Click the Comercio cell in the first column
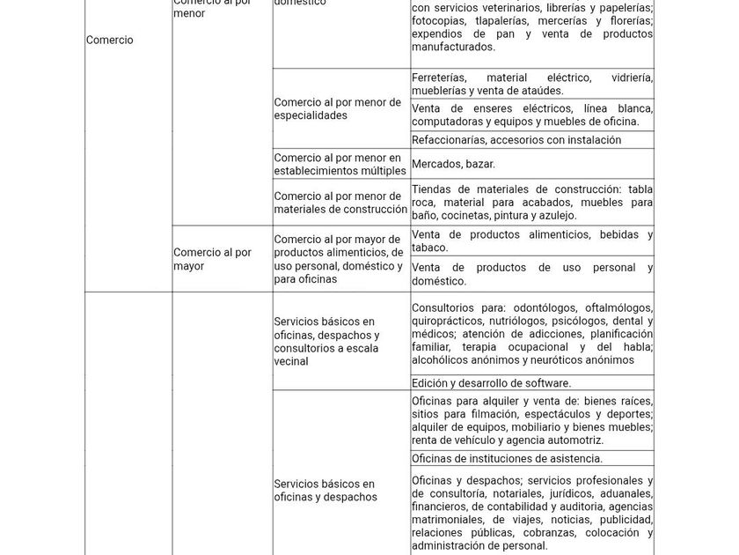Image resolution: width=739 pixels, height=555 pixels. coord(110,40)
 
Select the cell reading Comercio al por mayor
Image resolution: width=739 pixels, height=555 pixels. coord(212,259)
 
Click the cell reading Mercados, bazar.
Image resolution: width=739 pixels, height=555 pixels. coord(453,164)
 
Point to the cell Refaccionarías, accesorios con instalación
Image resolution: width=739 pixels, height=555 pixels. coord(516,140)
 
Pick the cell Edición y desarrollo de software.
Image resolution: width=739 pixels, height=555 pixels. coord(491,383)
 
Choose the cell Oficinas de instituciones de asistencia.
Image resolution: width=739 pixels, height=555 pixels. coord(507,458)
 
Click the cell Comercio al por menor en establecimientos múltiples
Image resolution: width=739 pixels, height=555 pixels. coord(340,164)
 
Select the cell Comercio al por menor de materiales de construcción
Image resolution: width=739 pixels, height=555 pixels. coord(340,203)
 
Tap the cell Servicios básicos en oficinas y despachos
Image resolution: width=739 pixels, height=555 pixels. coord(326,490)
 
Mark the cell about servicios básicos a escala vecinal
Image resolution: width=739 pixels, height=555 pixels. coord(326,341)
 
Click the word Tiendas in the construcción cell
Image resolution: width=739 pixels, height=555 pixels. coord(431,189)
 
